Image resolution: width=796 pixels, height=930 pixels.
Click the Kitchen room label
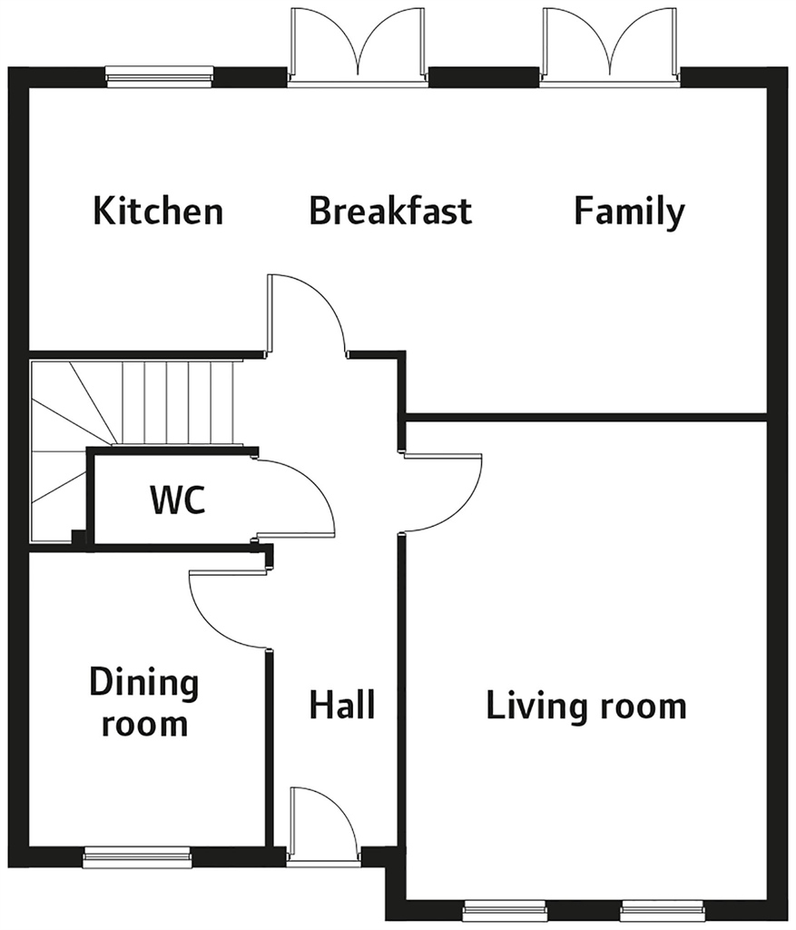pyautogui.click(x=158, y=211)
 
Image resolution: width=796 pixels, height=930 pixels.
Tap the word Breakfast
pyautogui.click(x=390, y=211)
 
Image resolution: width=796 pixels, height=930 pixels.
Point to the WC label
pyautogui.click(x=178, y=500)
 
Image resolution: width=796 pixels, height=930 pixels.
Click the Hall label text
pyautogui.click(x=342, y=704)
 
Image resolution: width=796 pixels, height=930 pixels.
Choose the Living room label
pyautogui.click(x=586, y=706)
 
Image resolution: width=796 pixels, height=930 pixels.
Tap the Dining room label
pyautogui.click(x=144, y=702)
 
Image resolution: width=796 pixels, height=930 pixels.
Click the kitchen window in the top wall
pyautogui.click(x=160, y=76)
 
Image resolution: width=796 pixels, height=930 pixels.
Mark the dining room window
pyautogui.click(x=137, y=857)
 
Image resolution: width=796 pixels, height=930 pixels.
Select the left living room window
pyautogui.click(x=505, y=910)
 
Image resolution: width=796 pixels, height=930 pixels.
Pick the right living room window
pyautogui.click(x=663, y=910)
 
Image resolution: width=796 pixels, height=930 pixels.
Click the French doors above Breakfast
pyautogui.click(x=358, y=46)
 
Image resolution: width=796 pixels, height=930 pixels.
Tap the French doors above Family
pyautogui.click(x=610, y=46)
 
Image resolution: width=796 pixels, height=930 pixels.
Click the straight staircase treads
pyautogui.click(x=178, y=402)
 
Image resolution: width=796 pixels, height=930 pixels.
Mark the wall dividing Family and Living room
pyautogui.click(x=586, y=418)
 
